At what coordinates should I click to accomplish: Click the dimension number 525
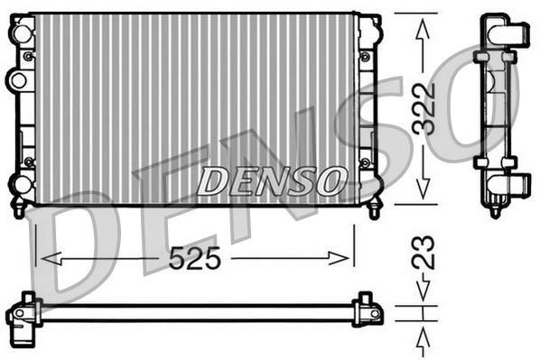click(x=194, y=259)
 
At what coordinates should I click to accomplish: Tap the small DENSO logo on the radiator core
click(x=270, y=181)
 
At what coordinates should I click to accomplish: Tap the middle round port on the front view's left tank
click(x=17, y=80)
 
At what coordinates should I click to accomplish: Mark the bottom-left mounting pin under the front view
click(x=18, y=211)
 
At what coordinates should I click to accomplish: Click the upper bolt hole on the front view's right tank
click(x=365, y=57)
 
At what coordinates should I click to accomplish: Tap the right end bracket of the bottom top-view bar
click(x=367, y=307)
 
